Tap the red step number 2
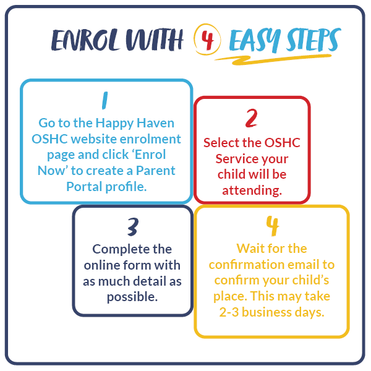pos(252,117)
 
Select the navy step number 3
pos(132,228)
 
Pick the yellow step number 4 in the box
pos(272,227)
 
